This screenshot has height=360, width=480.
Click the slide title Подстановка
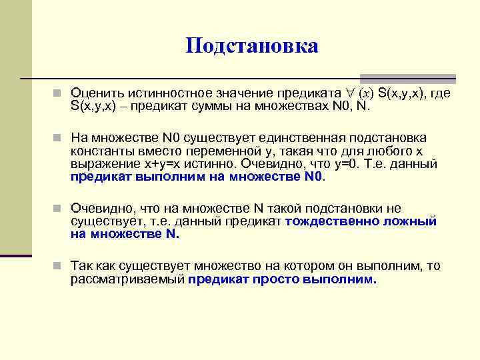[252, 46]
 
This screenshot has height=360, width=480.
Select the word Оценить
[95, 95]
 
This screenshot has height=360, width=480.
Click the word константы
[100, 150]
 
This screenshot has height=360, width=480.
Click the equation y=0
[350, 163]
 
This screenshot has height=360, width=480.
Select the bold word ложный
[413, 221]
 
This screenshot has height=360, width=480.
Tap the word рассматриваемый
[127, 279]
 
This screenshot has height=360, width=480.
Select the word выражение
[101, 163]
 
